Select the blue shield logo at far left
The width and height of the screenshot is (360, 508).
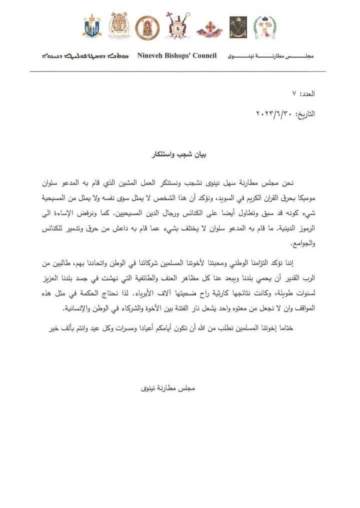pyautogui.click(x=92, y=26)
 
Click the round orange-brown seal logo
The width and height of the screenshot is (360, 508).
pyautogui.click(x=147, y=27)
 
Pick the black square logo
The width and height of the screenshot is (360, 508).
pyautogui.click(x=238, y=27)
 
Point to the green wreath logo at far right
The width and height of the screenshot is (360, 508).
pyautogui.click(x=264, y=27)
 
